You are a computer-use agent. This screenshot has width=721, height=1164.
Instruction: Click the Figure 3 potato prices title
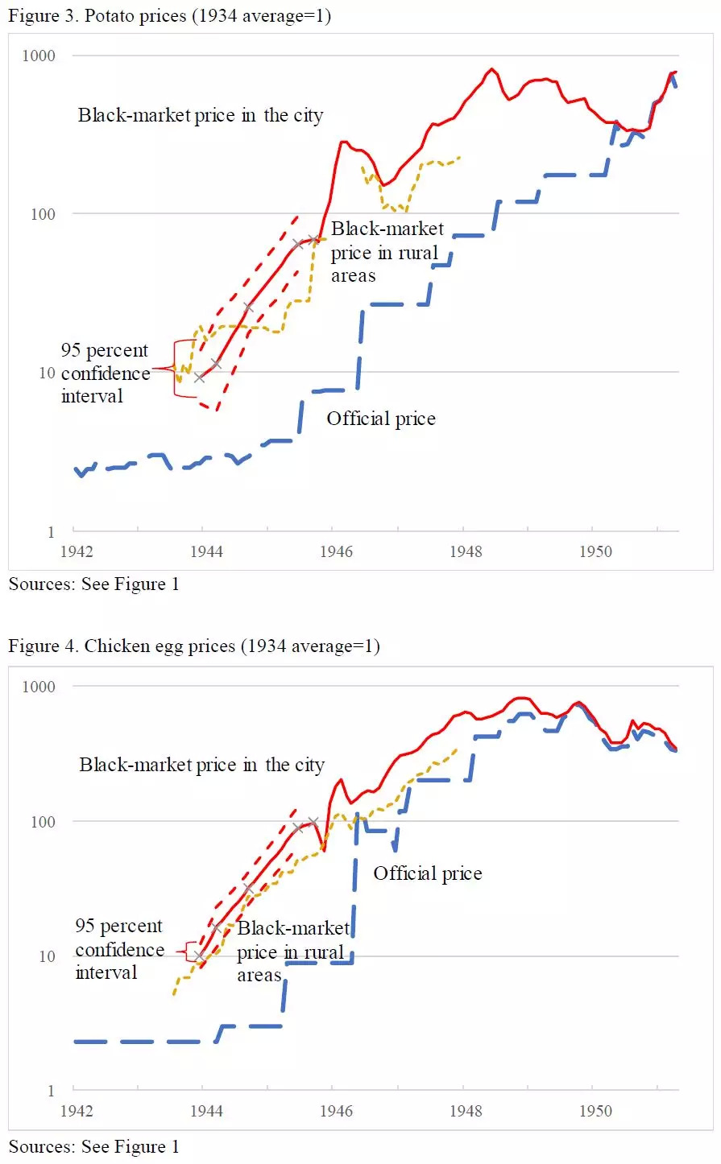coord(169,16)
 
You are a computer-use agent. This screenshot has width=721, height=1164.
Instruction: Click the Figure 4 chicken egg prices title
coord(193,646)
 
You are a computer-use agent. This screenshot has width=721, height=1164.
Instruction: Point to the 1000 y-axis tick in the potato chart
coord(39,56)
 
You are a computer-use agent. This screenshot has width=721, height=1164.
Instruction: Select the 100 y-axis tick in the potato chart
coord(43,214)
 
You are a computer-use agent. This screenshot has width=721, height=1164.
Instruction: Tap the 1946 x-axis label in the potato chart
coord(336,551)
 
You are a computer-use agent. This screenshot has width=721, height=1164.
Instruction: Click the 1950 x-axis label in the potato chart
coord(595,551)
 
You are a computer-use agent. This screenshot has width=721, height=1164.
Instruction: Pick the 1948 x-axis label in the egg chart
coord(466,1111)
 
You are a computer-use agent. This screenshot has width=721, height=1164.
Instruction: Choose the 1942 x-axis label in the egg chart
coord(77,1111)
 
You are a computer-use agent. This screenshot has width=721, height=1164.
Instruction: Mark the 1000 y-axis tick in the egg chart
coord(39,687)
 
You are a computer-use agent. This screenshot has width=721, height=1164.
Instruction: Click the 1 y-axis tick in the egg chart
coord(51,1091)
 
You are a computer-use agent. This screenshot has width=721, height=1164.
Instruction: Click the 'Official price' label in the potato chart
coord(381,419)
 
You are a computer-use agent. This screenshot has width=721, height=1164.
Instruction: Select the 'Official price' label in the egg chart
coord(428,873)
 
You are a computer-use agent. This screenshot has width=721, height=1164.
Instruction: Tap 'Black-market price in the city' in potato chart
coord(201,115)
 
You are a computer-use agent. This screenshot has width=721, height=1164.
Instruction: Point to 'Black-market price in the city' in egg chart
coord(201,765)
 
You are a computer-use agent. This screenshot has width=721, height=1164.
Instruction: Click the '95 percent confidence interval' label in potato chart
coord(105,373)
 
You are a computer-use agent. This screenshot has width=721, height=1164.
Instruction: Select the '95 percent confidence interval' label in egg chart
coord(119,949)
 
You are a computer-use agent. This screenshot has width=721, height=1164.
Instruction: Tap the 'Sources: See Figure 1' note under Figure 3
coord(93,584)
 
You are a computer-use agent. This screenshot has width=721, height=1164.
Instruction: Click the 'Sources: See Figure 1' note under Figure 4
coord(93,1146)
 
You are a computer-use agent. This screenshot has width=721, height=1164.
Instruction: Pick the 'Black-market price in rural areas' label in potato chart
coord(386,252)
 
